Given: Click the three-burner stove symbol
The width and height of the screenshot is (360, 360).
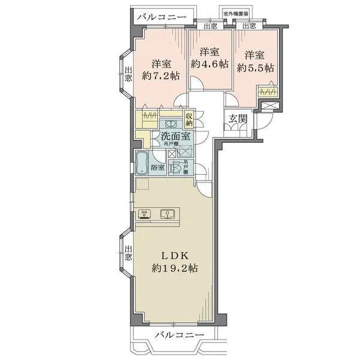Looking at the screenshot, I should click(x=145, y=214).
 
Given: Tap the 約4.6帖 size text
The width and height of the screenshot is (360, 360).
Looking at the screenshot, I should click(x=209, y=63).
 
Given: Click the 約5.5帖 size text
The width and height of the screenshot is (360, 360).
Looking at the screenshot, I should click(x=254, y=67).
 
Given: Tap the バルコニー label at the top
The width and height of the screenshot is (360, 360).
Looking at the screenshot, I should click(x=161, y=17).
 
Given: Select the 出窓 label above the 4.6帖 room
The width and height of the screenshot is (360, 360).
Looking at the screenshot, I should click(x=210, y=26).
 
